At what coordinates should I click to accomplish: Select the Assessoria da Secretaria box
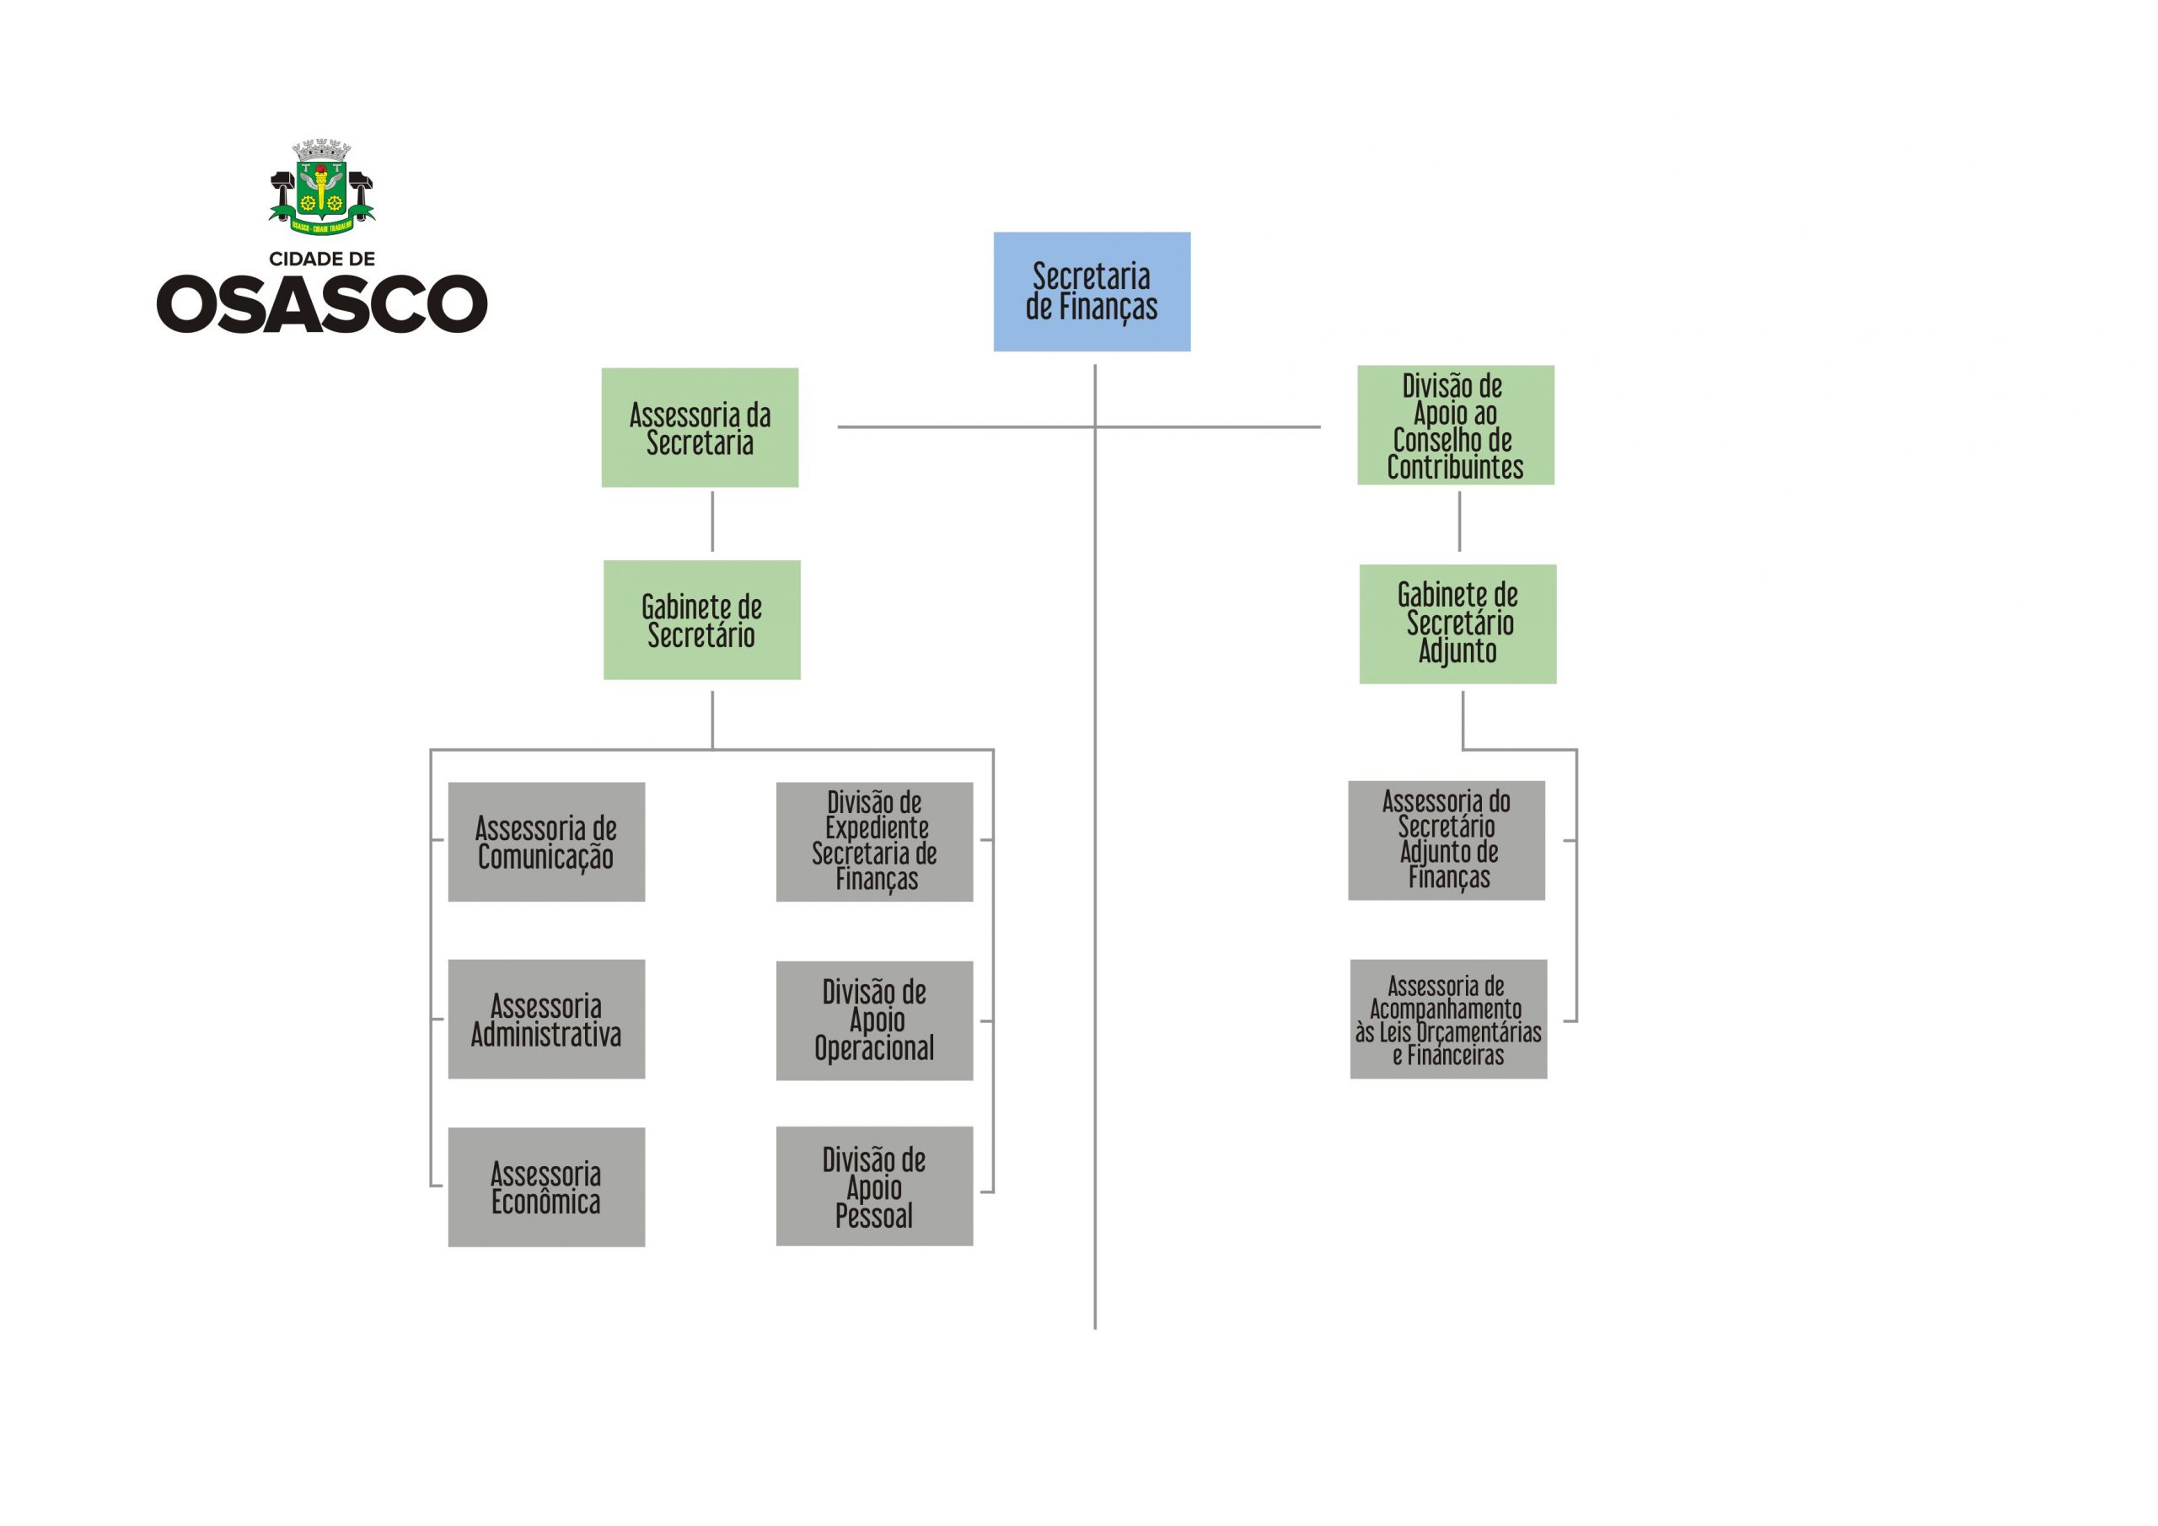coord(700,427)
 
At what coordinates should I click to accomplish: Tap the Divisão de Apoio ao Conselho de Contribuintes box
coord(1455,426)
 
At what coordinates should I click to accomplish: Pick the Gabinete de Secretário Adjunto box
coord(1457,623)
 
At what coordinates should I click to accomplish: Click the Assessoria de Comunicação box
coord(546,842)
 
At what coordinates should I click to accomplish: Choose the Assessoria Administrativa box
coord(546,1019)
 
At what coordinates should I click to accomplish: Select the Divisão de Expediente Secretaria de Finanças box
coord(874,842)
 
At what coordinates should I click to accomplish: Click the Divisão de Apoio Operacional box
coord(874,1020)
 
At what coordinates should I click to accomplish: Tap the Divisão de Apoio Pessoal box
coord(874,1186)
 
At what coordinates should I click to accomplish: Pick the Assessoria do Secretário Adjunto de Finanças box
coord(1446,840)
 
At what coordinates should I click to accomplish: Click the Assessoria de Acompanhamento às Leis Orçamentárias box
coord(1447,1019)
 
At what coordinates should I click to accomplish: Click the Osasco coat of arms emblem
coord(321,187)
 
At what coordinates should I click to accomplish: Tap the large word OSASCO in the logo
coord(321,303)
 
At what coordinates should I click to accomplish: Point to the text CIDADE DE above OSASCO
coord(321,259)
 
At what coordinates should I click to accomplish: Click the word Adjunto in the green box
coord(1457,651)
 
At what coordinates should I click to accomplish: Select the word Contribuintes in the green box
coord(1455,467)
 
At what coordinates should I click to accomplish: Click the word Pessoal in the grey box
coord(874,1216)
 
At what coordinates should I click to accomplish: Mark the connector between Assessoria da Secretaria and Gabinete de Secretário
coord(711,522)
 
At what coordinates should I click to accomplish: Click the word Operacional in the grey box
coord(874,1047)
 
